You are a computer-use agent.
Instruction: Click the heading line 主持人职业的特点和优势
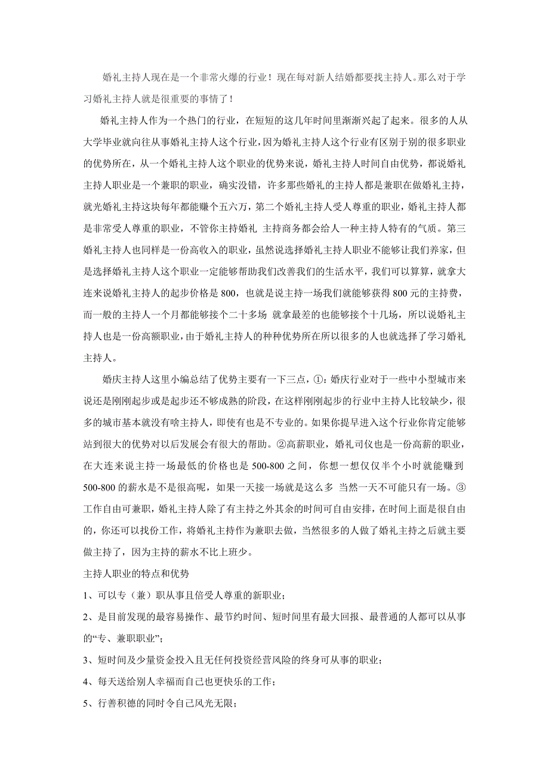click(x=137, y=573)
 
